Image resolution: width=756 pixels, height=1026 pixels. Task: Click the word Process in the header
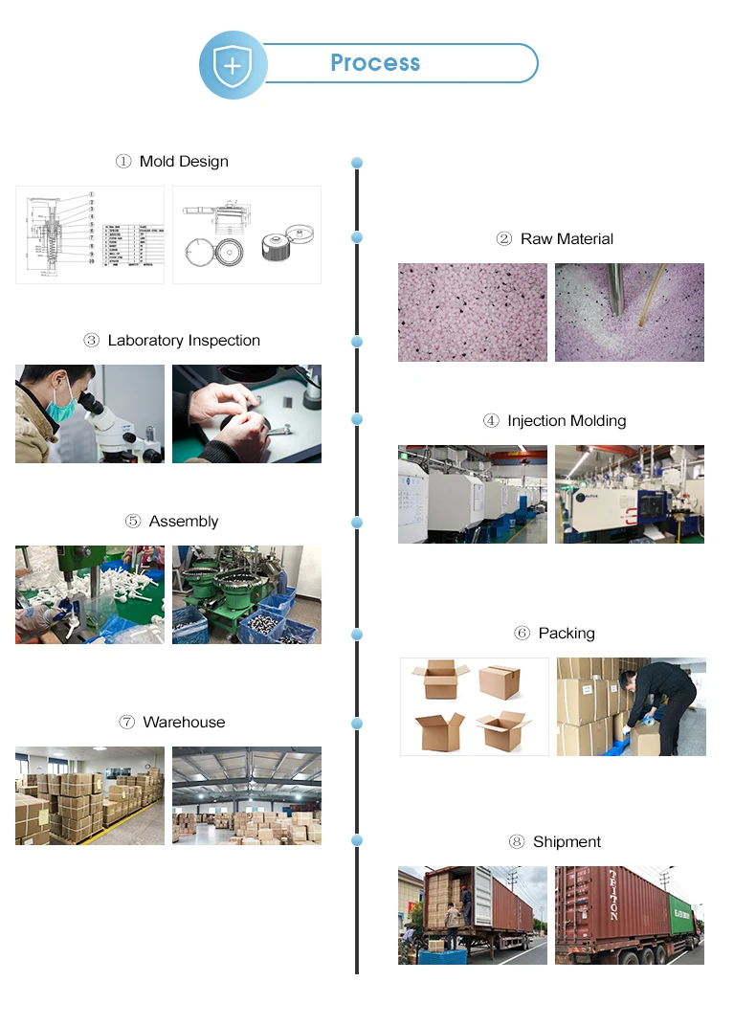tap(375, 63)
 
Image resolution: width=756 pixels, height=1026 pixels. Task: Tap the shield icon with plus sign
tap(231, 65)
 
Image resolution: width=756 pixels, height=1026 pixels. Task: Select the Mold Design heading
tap(184, 161)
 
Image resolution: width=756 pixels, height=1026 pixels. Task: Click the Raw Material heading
tap(567, 238)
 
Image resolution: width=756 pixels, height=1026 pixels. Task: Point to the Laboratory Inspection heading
tap(184, 341)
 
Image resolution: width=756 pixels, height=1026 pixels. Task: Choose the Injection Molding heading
tap(567, 420)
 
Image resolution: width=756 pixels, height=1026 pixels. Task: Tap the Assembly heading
tap(184, 522)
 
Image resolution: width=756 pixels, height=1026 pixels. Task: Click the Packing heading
tap(567, 633)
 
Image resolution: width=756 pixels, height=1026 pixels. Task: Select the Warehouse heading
tap(184, 723)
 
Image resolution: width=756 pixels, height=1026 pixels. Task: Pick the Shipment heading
tap(567, 841)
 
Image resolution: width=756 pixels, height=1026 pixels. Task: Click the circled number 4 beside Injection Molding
tap(491, 420)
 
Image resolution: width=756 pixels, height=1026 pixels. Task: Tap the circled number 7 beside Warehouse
tap(126, 723)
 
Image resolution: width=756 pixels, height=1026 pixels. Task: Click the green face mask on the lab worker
tap(61, 409)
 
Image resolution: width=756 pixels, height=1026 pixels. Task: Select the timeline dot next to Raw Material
tap(357, 237)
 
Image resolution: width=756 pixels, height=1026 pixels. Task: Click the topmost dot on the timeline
tap(357, 163)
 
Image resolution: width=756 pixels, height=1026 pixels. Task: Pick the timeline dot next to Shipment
tap(357, 840)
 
